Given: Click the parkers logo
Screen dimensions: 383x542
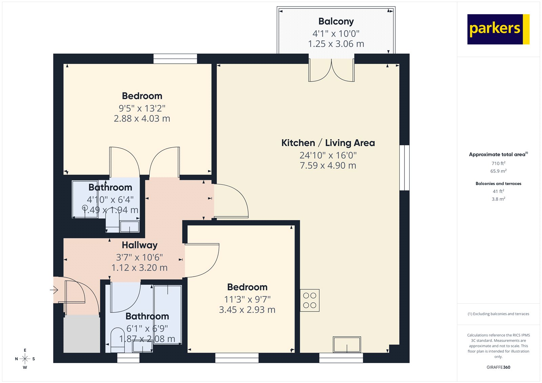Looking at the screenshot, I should pyautogui.click(x=498, y=29).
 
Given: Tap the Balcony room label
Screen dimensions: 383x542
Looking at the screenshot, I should pyautogui.click(x=336, y=21).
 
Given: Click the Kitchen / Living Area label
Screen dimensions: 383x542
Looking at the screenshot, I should pyautogui.click(x=328, y=143).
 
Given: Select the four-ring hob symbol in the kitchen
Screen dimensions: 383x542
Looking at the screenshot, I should pyautogui.click(x=310, y=300).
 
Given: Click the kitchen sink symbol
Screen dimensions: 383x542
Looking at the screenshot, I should pyautogui.click(x=347, y=344).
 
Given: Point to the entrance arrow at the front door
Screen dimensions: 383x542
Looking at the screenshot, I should pyautogui.click(x=54, y=290).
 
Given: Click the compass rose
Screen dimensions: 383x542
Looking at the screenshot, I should pyautogui.click(x=25, y=359).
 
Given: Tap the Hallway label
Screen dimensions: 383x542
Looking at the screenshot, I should pyautogui.click(x=140, y=245).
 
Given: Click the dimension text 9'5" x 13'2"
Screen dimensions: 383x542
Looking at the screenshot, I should pyautogui.click(x=142, y=108).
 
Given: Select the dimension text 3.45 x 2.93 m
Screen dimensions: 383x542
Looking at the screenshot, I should pyautogui.click(x=247, y=310).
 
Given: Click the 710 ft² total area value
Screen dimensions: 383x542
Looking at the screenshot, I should pyautogui.click(x=498, y=163).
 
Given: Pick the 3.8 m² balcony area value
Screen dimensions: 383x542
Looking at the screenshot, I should pyautogui.click(x=498, y=199).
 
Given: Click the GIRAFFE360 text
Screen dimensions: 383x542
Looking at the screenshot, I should pyautogui.click(x=498, y=367).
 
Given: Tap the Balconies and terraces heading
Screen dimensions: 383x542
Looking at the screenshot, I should pyautogui.click(x=498, y=184).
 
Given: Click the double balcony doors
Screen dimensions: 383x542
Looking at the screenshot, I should pyautogui.click(x=331, y=71).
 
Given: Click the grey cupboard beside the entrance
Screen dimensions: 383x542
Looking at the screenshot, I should pyautogui.click(x=82, y=334).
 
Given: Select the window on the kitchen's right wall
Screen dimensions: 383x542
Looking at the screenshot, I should pyautogui.click(x=404, y=168).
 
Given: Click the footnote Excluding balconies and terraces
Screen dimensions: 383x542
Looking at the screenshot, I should pyautogui.click(x=498, y=314).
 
